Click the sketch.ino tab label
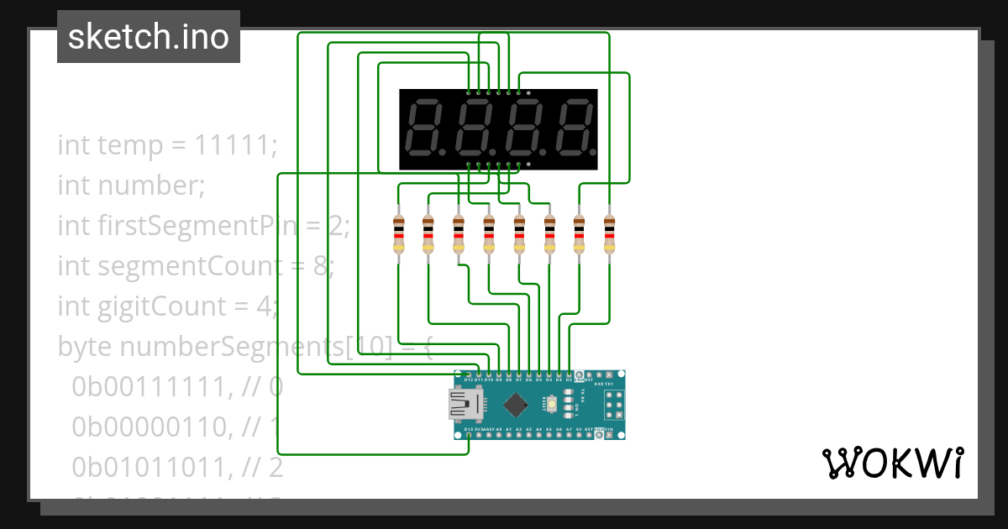[x=148, y=37]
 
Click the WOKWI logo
[x=891, y=463]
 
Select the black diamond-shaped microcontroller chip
[x=515, y=406]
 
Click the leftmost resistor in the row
[x=398, y=234]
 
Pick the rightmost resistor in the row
[x=609, y=234]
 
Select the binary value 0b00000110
[x=150, y=427]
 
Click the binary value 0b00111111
[x=150, y=387]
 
